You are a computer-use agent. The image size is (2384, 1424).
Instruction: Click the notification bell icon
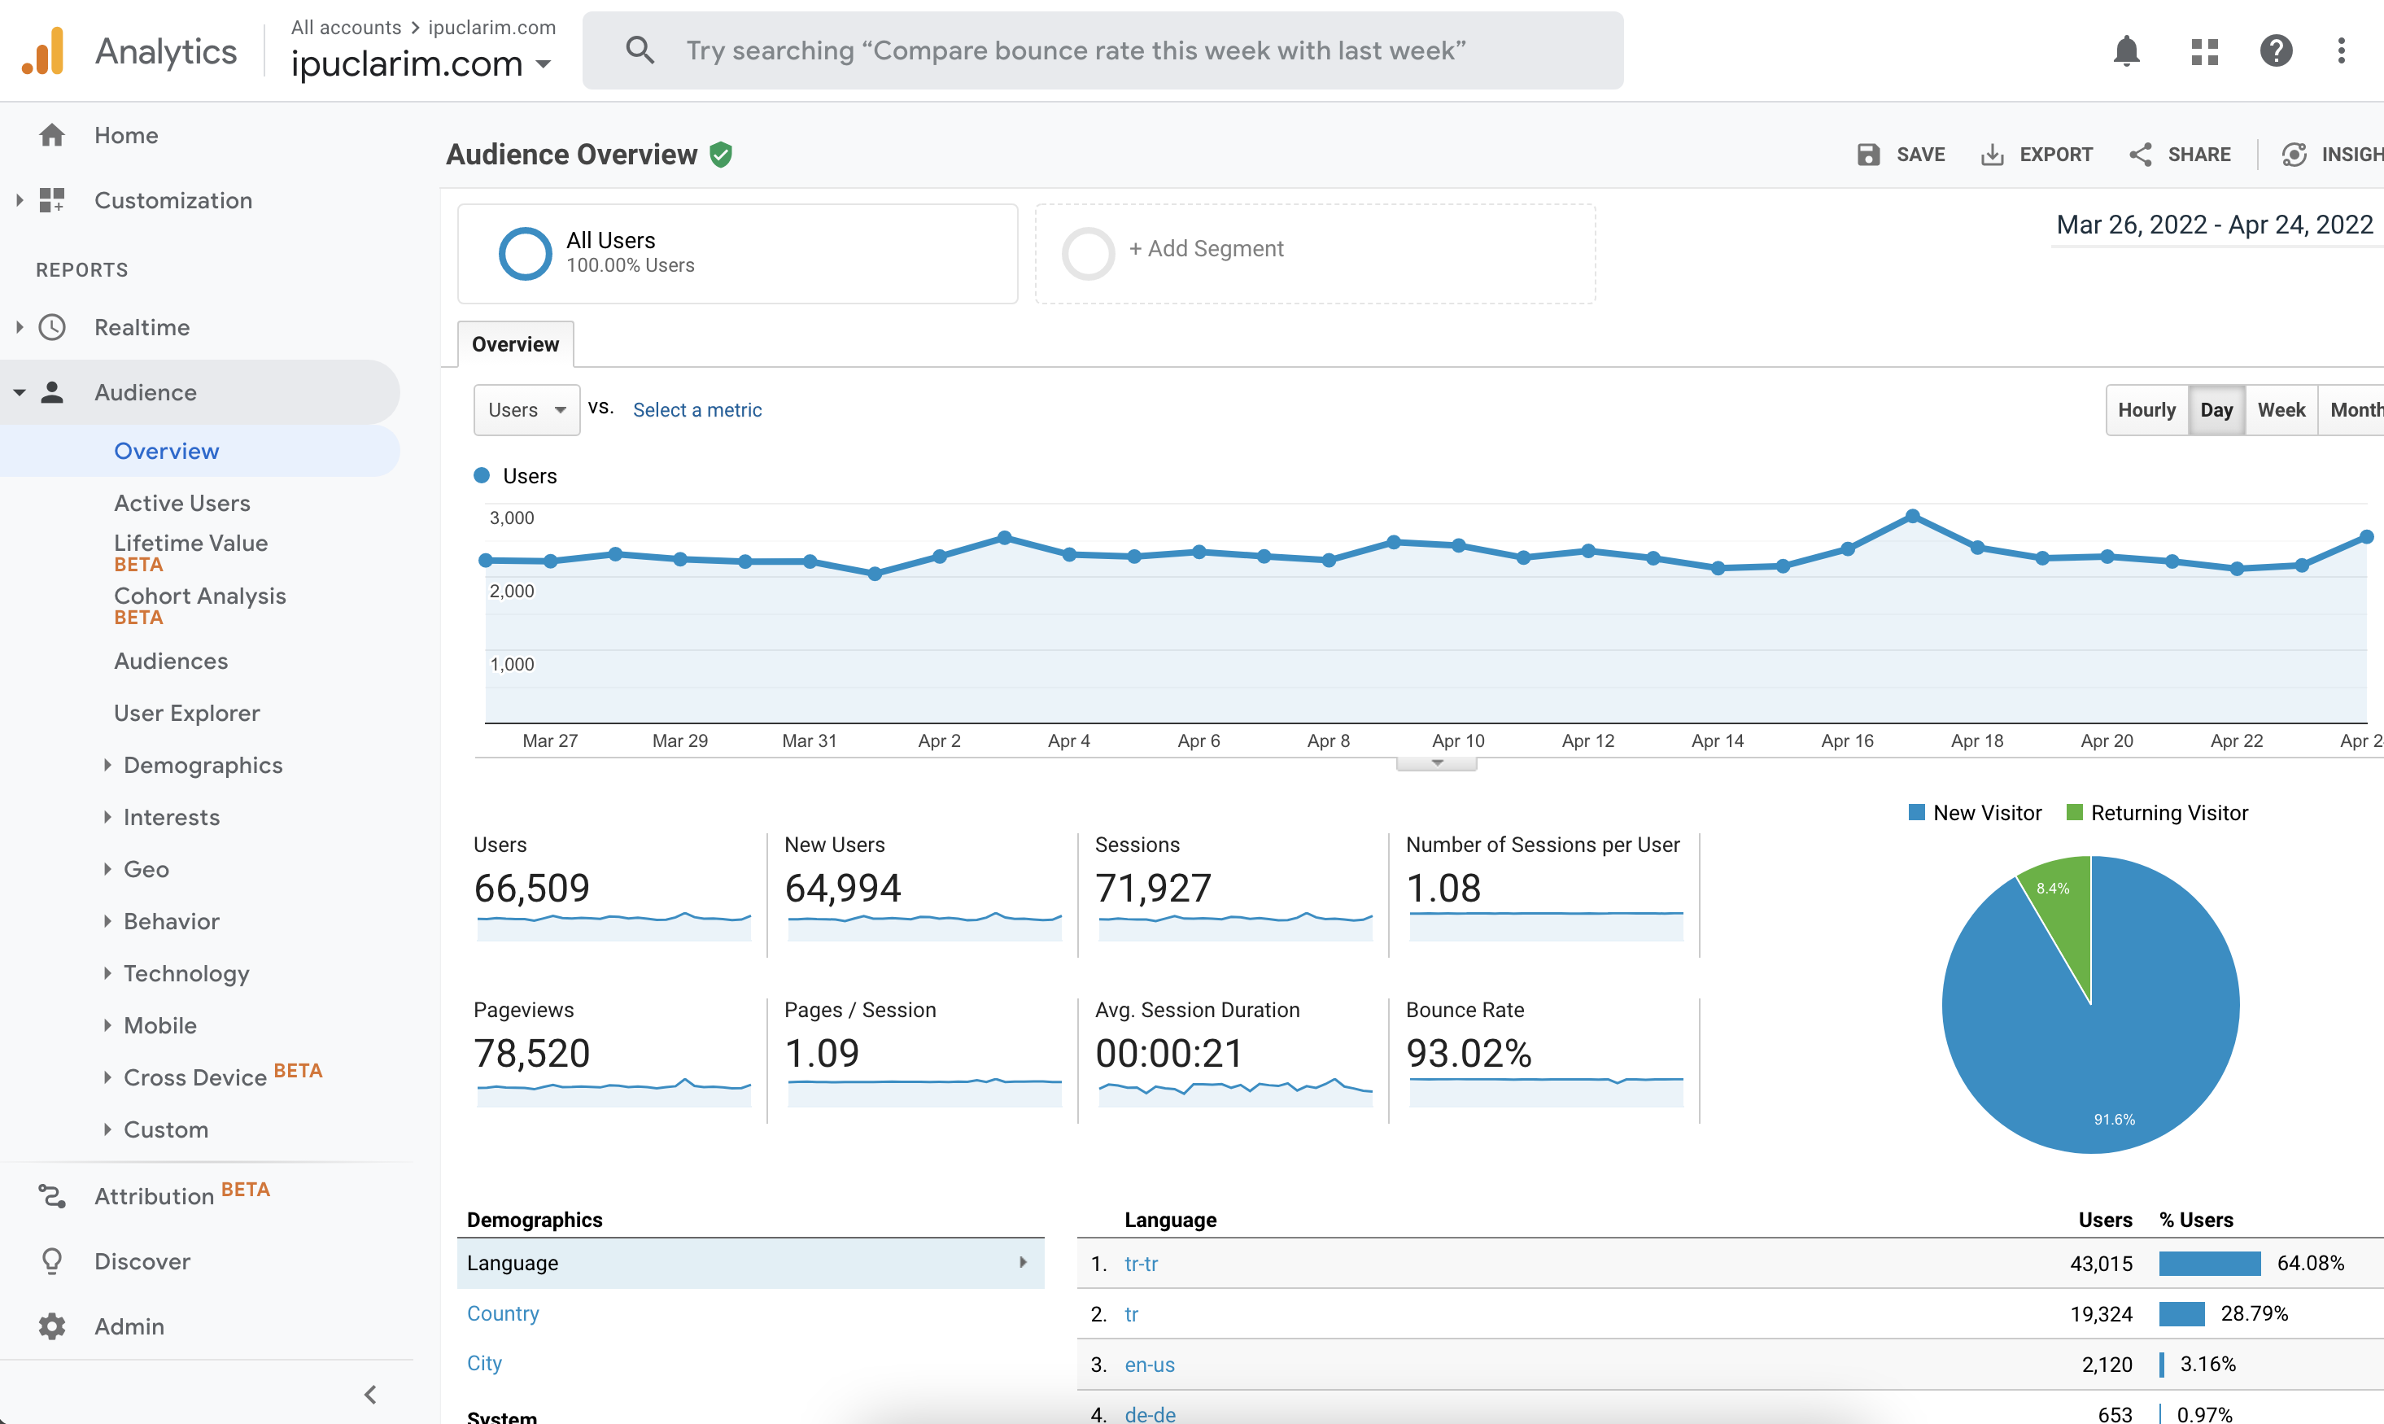2127,50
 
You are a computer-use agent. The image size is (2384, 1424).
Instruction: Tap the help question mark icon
2276,50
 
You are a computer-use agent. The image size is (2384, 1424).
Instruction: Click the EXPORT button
2037,155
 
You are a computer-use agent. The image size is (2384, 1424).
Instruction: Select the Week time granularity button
2281,410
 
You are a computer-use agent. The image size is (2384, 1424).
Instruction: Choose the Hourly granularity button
2146,410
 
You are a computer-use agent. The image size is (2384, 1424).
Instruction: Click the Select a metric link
697,410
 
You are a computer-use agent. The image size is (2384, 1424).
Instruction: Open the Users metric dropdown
526,410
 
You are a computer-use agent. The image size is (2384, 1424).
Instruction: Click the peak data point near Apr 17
1912,516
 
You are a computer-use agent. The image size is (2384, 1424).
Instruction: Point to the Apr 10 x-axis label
1458,740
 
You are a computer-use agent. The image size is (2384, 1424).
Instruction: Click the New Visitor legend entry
1976,813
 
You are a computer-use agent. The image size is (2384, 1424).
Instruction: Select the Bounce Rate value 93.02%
1468,1054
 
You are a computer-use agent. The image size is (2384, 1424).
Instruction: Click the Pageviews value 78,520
531,1054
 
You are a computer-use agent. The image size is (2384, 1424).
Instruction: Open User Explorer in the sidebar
187,713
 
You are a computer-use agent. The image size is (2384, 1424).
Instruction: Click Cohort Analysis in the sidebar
199,596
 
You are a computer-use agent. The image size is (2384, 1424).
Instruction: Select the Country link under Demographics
503,1313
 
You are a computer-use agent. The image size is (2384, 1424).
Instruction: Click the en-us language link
1150,1365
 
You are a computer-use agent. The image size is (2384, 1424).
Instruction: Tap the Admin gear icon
52,1326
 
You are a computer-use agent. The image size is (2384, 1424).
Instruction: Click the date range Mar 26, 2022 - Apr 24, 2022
2214,225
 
